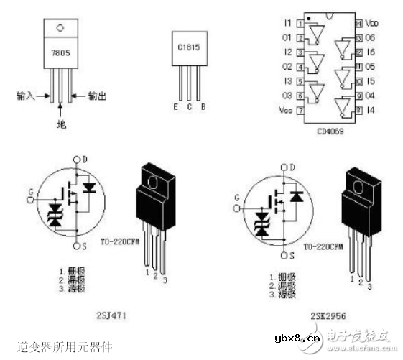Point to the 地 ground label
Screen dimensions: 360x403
click(61, 124)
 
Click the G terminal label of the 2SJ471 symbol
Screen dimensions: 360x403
click(30, 190)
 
